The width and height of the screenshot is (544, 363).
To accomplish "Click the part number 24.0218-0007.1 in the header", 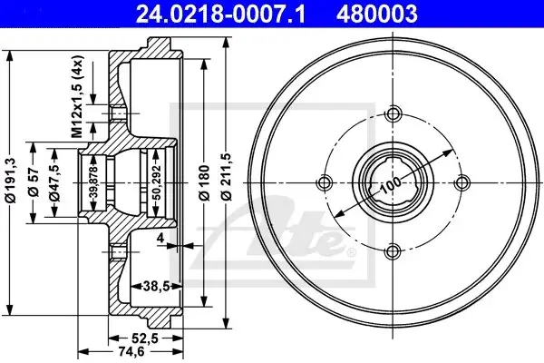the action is pos(220,14).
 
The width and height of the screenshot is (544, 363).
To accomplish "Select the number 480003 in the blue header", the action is pos(377,14).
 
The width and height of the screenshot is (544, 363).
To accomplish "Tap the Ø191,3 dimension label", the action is pos(11,180).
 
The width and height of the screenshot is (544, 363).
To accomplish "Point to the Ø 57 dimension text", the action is pos(34,182).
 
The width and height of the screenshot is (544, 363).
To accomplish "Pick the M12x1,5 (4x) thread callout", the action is pos(77,96).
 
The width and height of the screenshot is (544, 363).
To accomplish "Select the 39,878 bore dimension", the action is pos(93,183).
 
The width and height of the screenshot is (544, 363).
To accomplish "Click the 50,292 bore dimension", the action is pos(157,182).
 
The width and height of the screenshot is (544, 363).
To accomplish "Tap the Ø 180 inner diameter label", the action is pos(205,183).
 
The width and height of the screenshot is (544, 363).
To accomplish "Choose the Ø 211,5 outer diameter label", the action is pos(227,177).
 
